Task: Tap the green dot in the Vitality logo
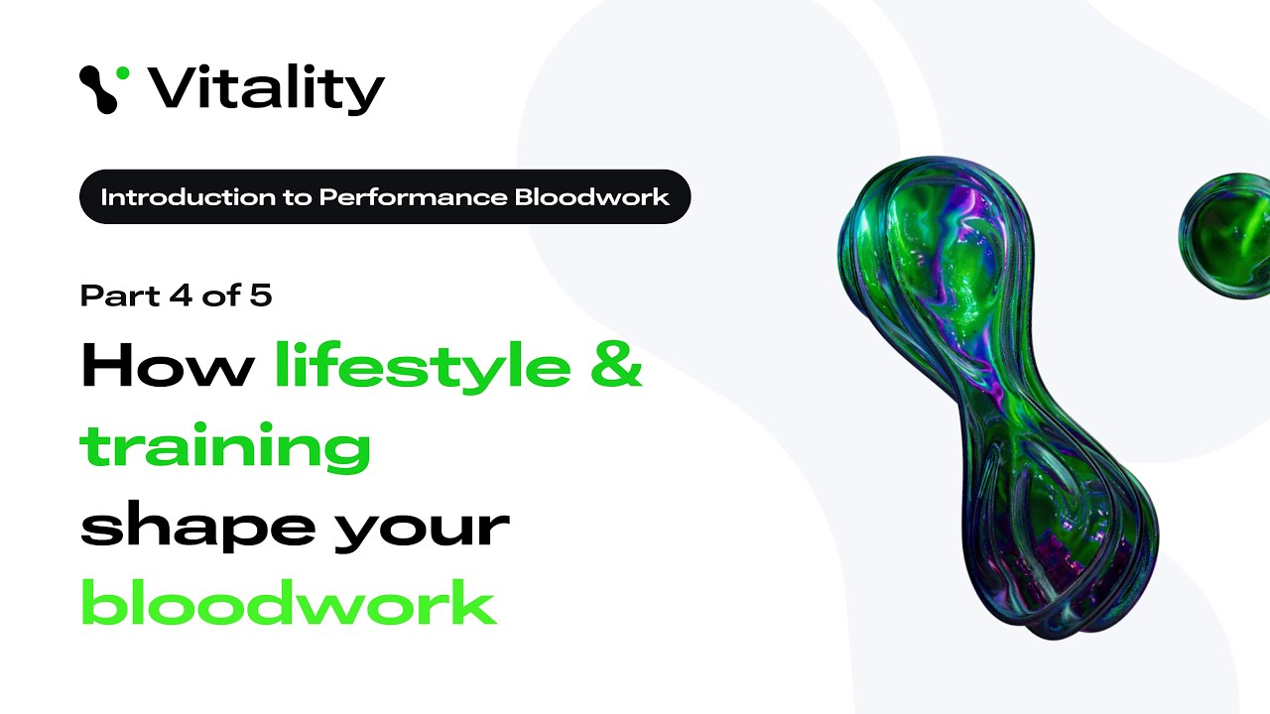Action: [x=122, y=73]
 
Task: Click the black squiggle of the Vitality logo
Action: [x=98, y=88]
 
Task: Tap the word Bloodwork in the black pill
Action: [x=592, y=196]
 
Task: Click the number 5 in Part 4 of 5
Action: [x=261, y=296]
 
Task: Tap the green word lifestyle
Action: [x=423, y=367]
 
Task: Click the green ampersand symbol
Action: [x=616, y=367]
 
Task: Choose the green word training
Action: [x=225, y=447]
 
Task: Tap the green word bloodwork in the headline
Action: [x=288, y=603]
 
